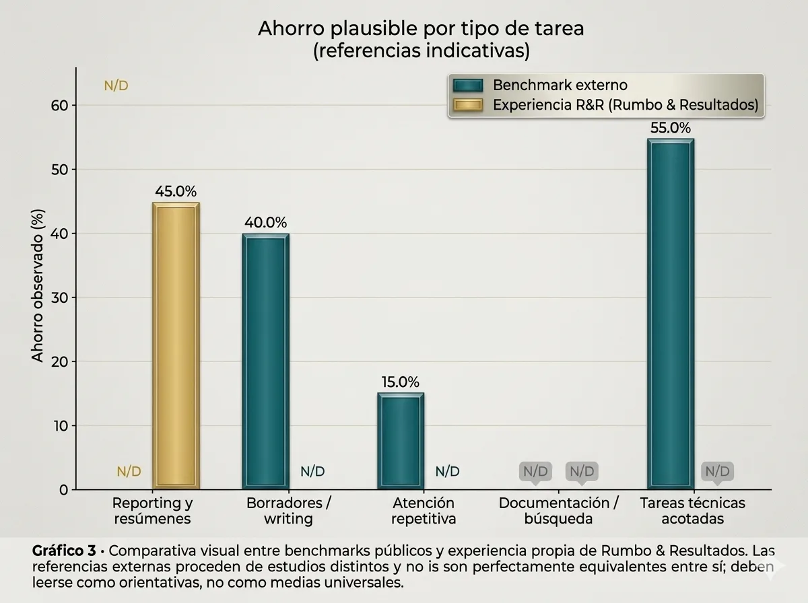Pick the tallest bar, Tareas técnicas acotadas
(x=670, y=314)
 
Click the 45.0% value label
(x=176, y=191)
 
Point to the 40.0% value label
(x=265, y=223)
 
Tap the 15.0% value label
(x=400, y=382)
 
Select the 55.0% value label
(x=670, y=128)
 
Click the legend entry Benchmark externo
(x=560, y=85)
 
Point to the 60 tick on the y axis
(x=60, y=106)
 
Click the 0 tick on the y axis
(x=64, y=490)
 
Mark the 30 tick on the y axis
(x=60, y=297)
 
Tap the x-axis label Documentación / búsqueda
(x=558, y=511)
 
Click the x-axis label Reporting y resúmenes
(x=152, y=511)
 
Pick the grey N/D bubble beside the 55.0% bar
(x=717, y=471)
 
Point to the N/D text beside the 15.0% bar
(x=447, y=472)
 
